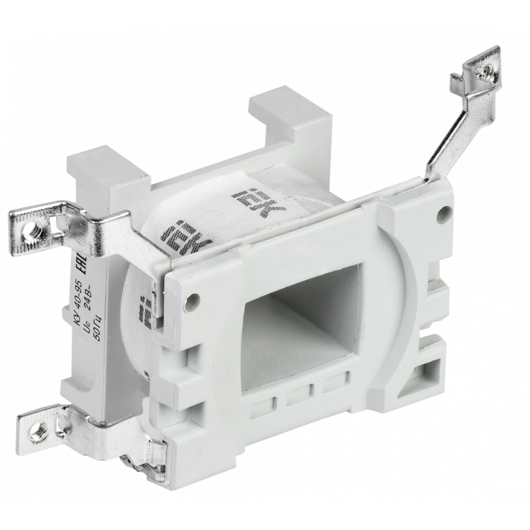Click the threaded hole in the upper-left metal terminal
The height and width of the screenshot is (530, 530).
[33, 225]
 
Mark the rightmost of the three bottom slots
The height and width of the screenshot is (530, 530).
[331, 386]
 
